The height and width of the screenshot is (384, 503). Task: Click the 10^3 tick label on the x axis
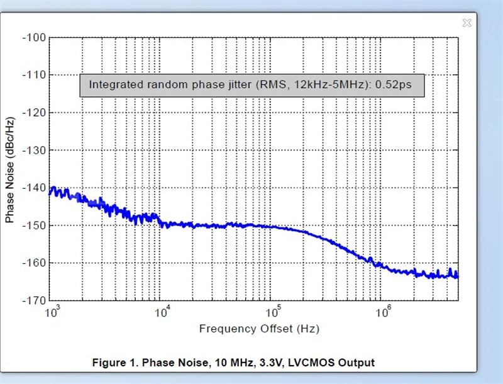tap(53, 311)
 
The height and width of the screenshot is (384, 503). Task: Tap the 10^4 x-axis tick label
tap(162, 311)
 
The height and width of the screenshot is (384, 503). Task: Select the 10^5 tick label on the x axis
tap(273, 311)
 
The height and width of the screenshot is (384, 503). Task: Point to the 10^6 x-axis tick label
tap(383, 311)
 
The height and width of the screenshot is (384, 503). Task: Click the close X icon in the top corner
tap(467, 23)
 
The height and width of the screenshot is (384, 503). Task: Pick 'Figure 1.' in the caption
tap(115, 363)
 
